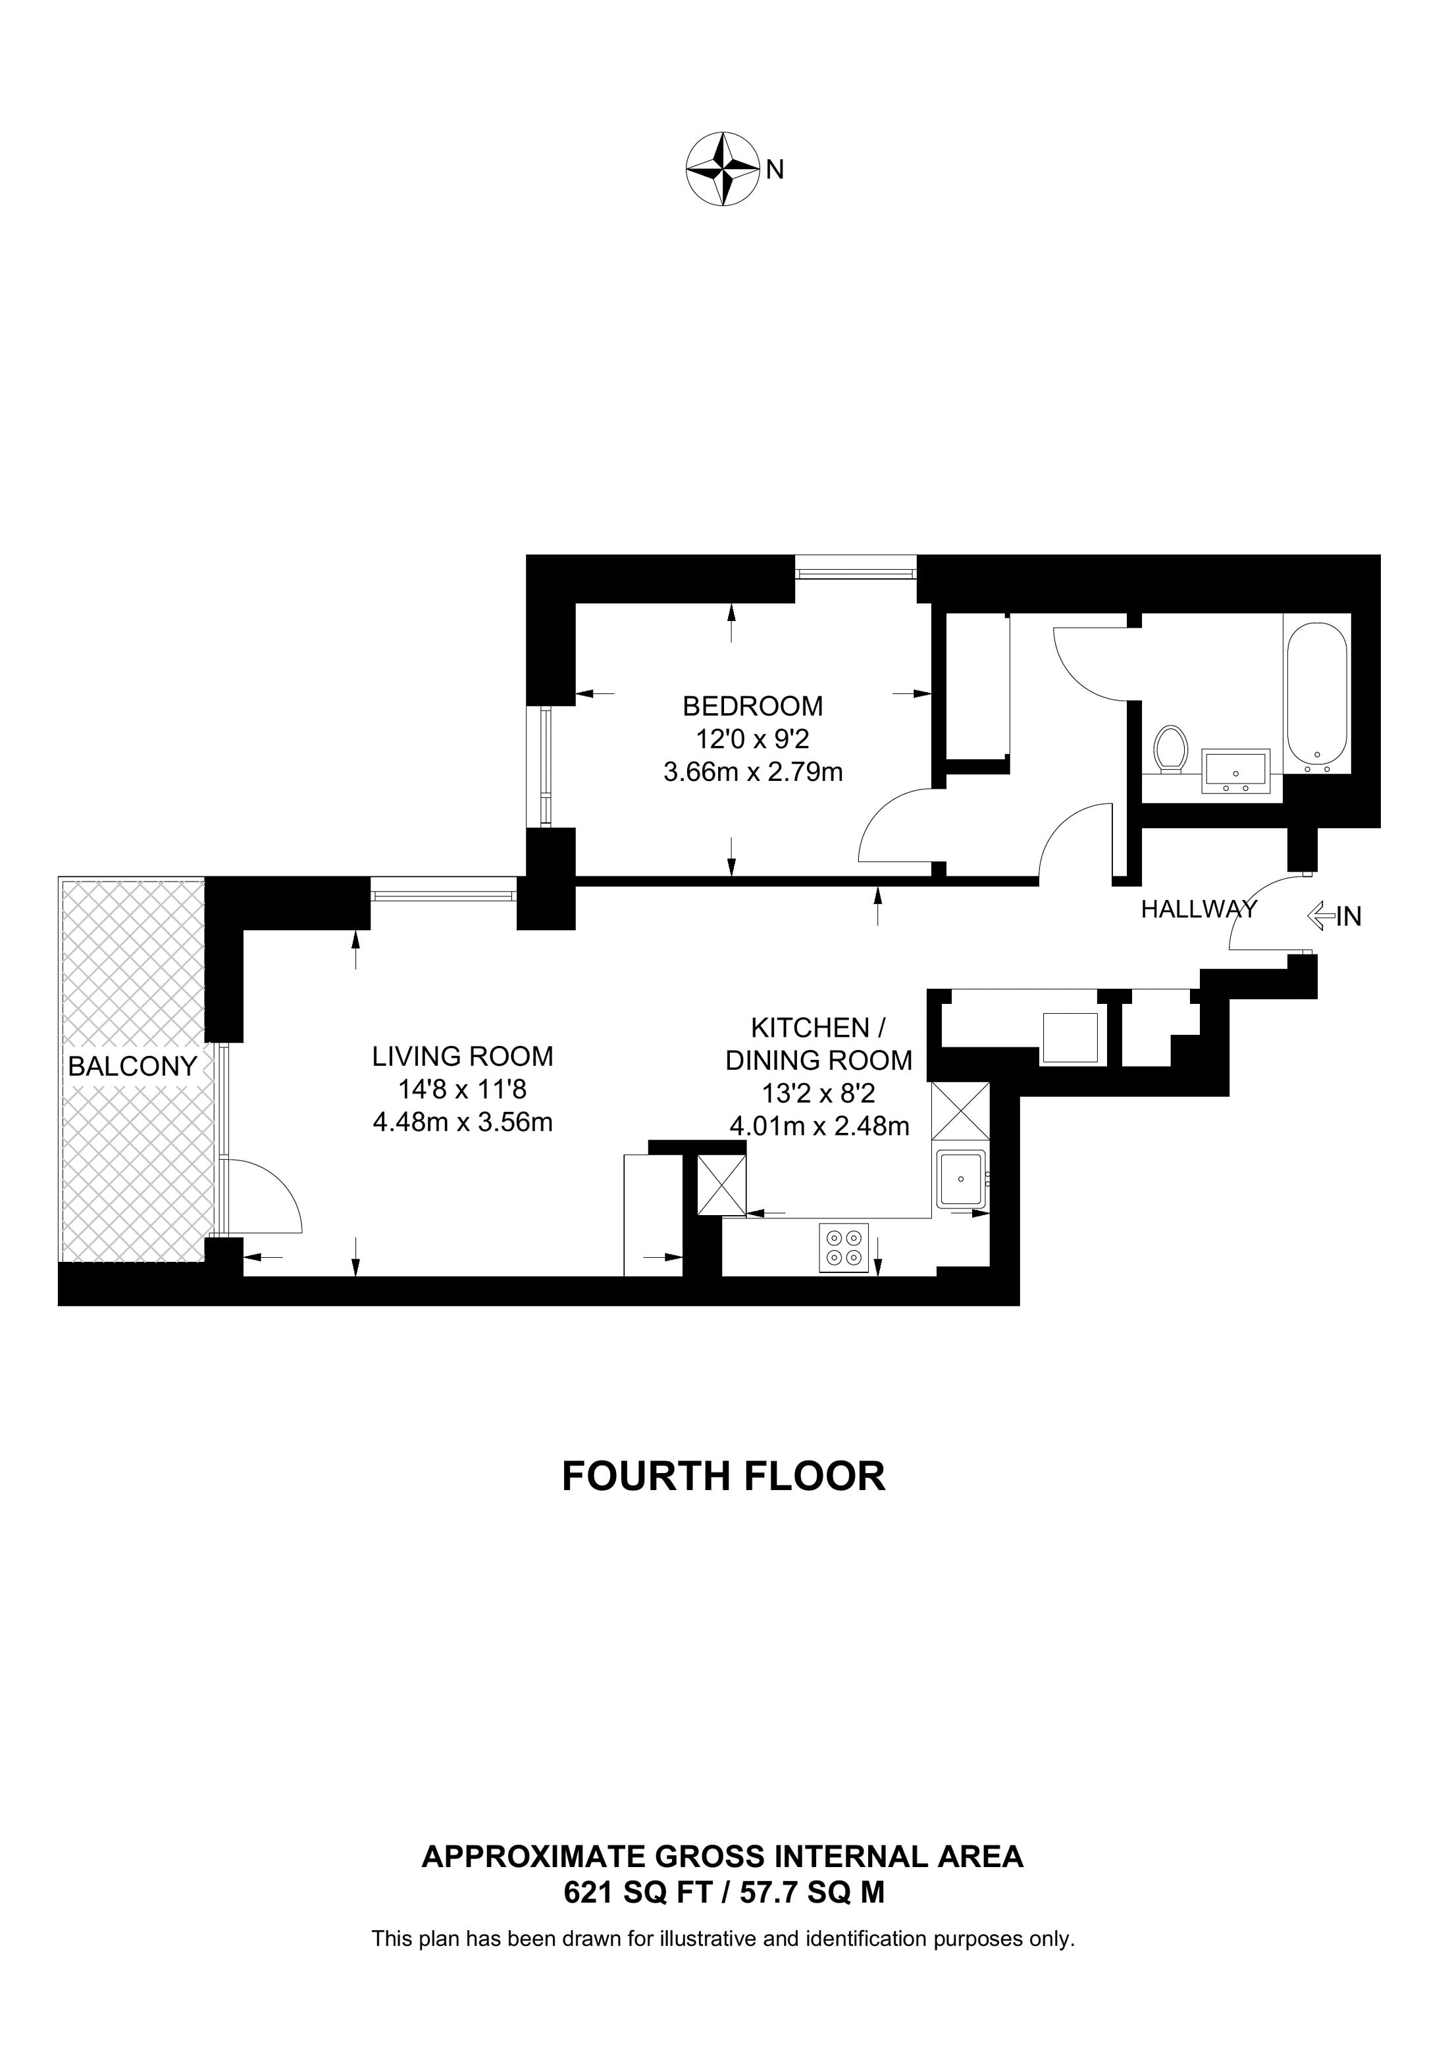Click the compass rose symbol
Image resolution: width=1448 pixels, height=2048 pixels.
pos(721,170)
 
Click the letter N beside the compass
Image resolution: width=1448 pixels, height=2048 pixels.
pos(775,170)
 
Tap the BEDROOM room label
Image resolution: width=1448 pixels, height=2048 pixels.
pos(752,707)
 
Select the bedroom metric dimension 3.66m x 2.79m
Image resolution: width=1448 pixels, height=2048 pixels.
pos(753,772)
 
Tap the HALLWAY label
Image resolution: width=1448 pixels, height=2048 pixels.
pos(1199,909)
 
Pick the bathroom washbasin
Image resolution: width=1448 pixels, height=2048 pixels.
pos(1235,770)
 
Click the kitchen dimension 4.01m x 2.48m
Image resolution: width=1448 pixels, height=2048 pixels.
pos(820,1126)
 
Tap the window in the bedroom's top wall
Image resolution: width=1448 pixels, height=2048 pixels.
pos(856,567)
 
